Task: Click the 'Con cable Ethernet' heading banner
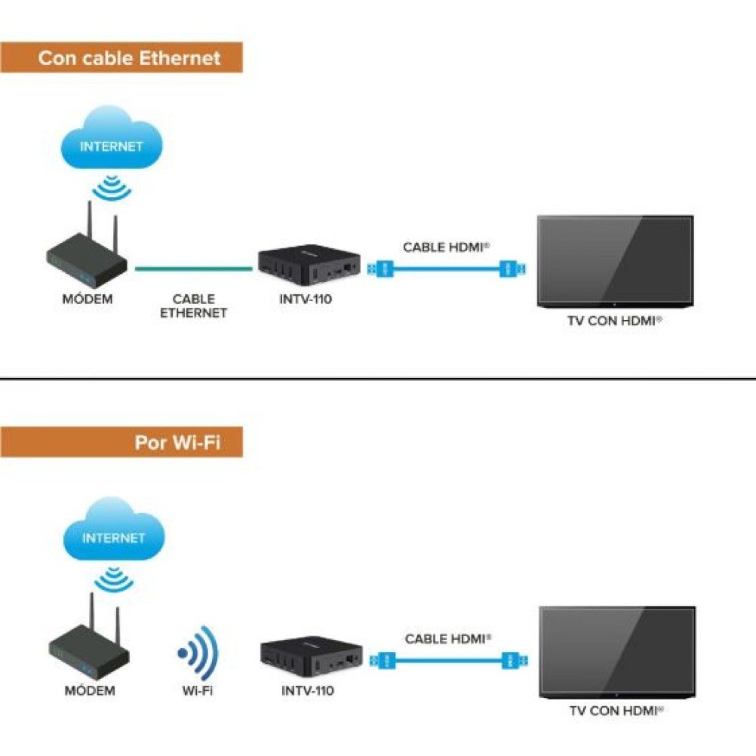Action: (x=121, y=58)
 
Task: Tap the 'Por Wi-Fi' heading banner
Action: (x=121, y=442)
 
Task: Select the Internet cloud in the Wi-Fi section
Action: (x=113, y=532)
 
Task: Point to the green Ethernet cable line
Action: (x=194, y=267)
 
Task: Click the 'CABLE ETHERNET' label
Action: (x=193, y=306)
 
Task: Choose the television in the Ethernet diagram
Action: (x=615, y=260)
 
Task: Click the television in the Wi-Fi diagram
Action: (x=617, y=652)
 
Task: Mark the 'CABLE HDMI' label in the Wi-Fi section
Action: (x=448, y=639)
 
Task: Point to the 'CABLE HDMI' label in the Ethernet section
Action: (x=446, y=247)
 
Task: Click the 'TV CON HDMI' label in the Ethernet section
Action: (x=614, y=321)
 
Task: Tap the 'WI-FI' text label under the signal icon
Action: (x=197, y=690)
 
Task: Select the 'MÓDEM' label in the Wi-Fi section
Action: (x=90, y=690)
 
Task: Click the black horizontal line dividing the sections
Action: (x=377, y=379)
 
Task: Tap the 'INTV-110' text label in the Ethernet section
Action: (x=306, y=299)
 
